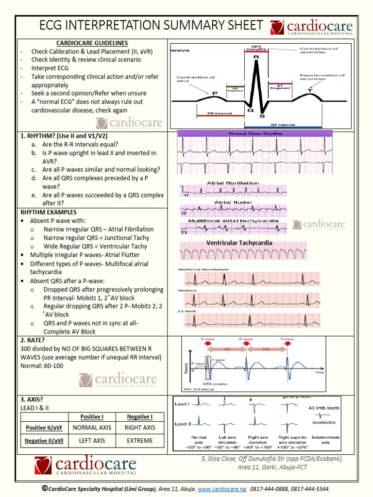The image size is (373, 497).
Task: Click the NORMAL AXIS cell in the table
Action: point(92,428)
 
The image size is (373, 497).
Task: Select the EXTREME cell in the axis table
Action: point(139,441)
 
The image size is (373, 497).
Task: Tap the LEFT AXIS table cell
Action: point(92,441)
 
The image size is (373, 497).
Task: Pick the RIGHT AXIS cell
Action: point(139,428)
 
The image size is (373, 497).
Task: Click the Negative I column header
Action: point(139,416)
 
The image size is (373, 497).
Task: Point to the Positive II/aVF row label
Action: point(43,428)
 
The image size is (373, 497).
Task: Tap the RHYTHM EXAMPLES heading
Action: point(48,212)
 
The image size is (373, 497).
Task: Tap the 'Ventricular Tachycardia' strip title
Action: point(239,243)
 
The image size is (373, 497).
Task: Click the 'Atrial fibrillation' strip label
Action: point(233,183)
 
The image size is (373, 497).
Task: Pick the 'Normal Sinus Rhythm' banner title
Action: point(254,133)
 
